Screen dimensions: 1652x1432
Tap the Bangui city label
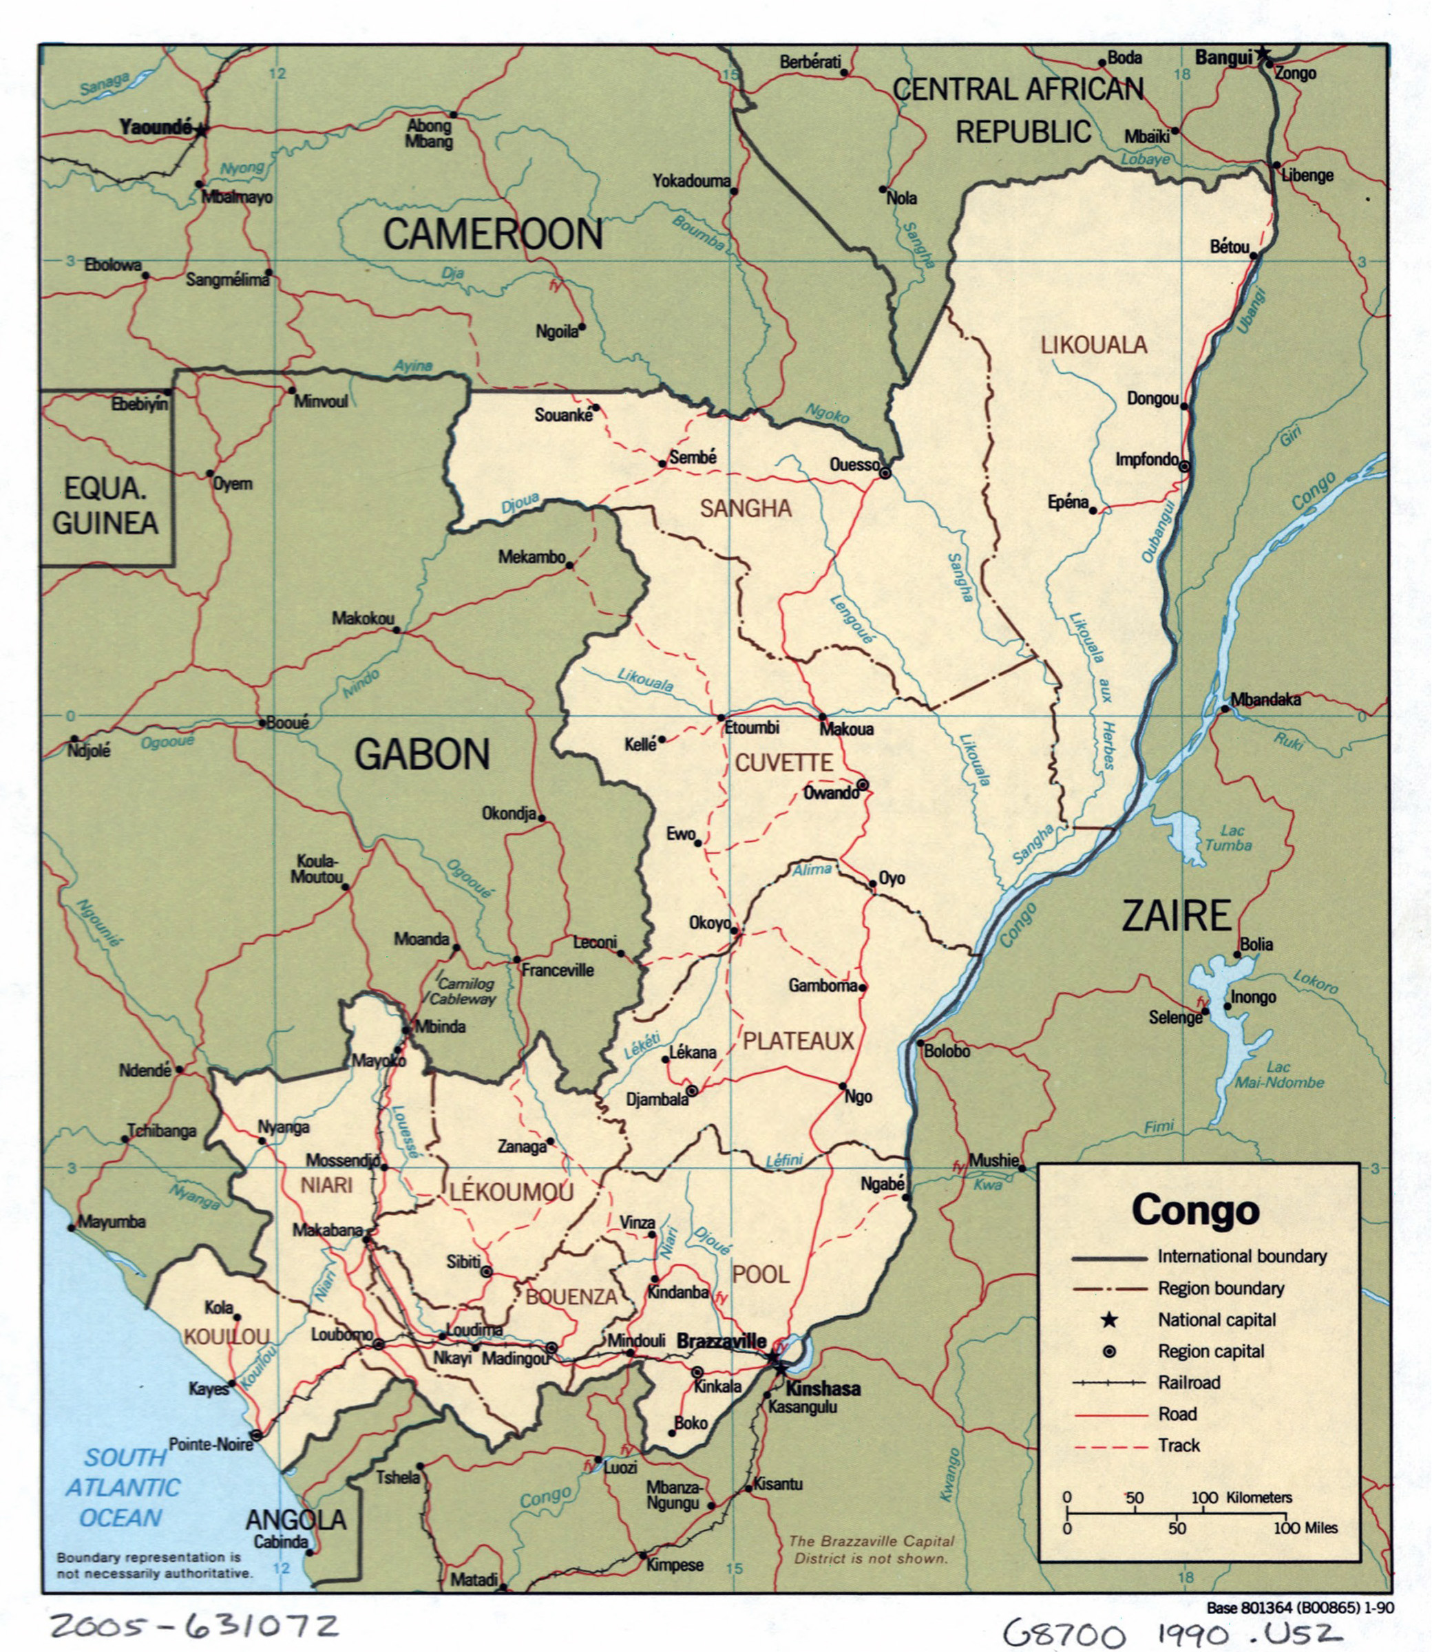pyautogui.click(x=1223, y=58)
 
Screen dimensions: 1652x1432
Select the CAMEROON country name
pyautogui.click(x=492, y=234)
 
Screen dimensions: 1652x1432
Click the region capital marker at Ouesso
pyautogui.click(x=885, y=473)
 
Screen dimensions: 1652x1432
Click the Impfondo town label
pyautogui.click(x=1147, y=459)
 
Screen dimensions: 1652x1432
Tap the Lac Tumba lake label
pyautogui.click(x=1228, y=838)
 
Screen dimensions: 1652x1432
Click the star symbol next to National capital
pyautogui.click(x=1109, y=1320)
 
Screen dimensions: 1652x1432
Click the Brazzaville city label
pyautogui.click(x=721, y=1342)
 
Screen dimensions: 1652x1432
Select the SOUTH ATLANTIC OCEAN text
pyautogui.click(x=123, y=1487)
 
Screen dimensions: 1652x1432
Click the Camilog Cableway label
pyautogui.click(x=466, y=991)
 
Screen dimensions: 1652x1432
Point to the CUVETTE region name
pyautogui.click(x=783, y=763)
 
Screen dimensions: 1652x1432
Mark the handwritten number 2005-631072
pyautogui.click(x=194, y=1625)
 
